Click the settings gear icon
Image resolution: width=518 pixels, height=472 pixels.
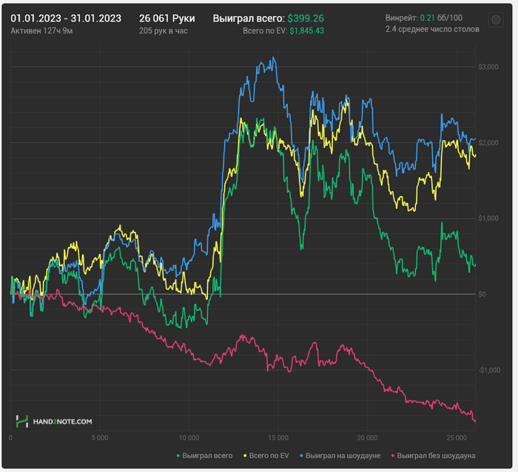click(496, 20)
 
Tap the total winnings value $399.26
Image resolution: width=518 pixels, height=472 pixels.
click(306, 17)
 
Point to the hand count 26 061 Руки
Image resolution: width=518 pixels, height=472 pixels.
click(166, 17)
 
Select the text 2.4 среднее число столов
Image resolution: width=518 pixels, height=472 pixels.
click(432, 29)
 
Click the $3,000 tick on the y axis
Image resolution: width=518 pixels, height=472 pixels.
click(488, 67)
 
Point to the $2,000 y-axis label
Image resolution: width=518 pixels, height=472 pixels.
click(488, 142)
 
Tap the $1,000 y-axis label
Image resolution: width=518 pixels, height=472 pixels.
click(488, 218)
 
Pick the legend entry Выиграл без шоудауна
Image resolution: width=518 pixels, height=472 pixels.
click(436, 456)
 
